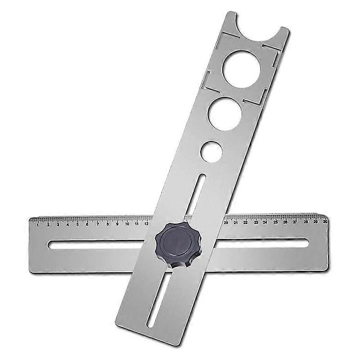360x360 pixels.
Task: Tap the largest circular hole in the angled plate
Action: (241, 68)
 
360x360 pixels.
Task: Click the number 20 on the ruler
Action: (226, 222)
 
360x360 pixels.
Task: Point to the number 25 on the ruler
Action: (275, 222)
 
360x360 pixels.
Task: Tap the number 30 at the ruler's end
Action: (325, 221)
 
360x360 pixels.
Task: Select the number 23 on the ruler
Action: (256, 222)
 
